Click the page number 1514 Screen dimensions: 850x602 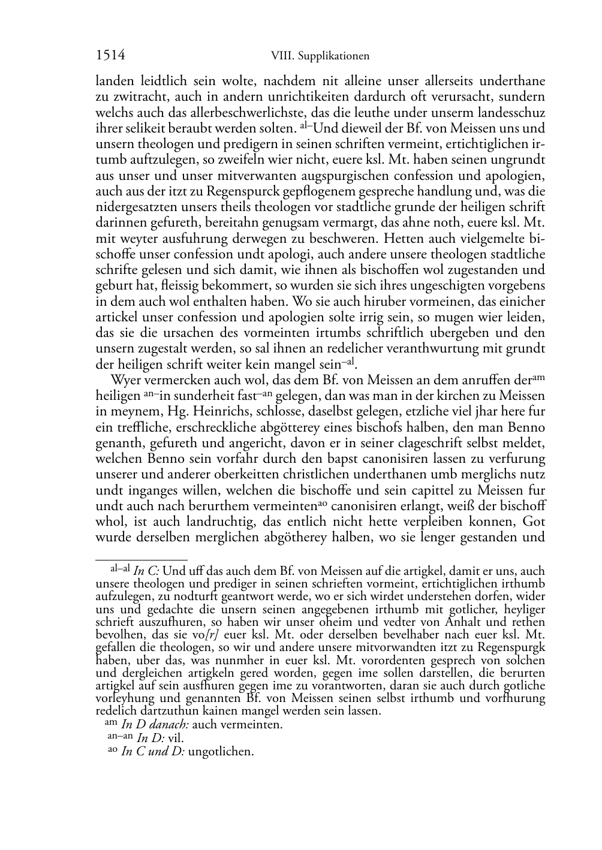(110, 56)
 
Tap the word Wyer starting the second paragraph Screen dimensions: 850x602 (124, 380)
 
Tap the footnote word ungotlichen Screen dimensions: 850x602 (221, 752)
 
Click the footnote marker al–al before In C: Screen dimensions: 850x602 (120, 569)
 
